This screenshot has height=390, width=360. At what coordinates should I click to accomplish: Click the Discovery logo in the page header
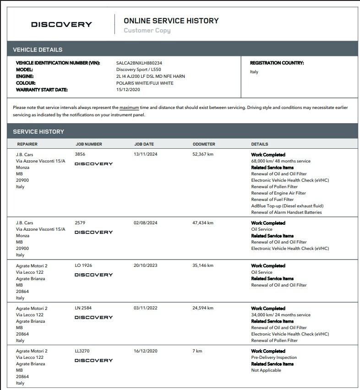61,24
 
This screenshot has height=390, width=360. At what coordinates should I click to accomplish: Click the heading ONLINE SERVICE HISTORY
171,21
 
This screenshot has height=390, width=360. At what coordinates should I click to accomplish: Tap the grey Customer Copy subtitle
147,31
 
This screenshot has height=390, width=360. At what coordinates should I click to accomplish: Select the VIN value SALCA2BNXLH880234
139,63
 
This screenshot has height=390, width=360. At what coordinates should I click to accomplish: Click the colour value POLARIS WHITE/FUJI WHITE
145,83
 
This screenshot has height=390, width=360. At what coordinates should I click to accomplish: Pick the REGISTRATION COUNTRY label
277,63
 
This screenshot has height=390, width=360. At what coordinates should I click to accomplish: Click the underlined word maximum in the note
129,108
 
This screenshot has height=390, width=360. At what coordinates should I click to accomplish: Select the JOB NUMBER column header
88,144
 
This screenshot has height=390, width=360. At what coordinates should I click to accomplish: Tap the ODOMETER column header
204,144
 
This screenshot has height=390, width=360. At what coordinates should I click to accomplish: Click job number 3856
80,155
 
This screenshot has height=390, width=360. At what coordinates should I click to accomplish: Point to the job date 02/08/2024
146,223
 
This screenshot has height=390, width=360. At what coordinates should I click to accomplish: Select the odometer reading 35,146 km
203,265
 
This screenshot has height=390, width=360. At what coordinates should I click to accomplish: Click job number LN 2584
83,308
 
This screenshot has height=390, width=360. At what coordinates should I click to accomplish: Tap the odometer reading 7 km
197,351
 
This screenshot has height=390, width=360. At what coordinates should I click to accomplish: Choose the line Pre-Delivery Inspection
274,357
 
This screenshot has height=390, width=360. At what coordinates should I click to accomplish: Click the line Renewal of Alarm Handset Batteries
286,212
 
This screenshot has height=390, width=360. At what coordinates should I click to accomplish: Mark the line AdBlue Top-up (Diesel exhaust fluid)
287,206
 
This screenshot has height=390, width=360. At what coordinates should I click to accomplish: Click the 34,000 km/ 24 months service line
280,315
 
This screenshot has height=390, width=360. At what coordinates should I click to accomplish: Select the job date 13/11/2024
146,155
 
